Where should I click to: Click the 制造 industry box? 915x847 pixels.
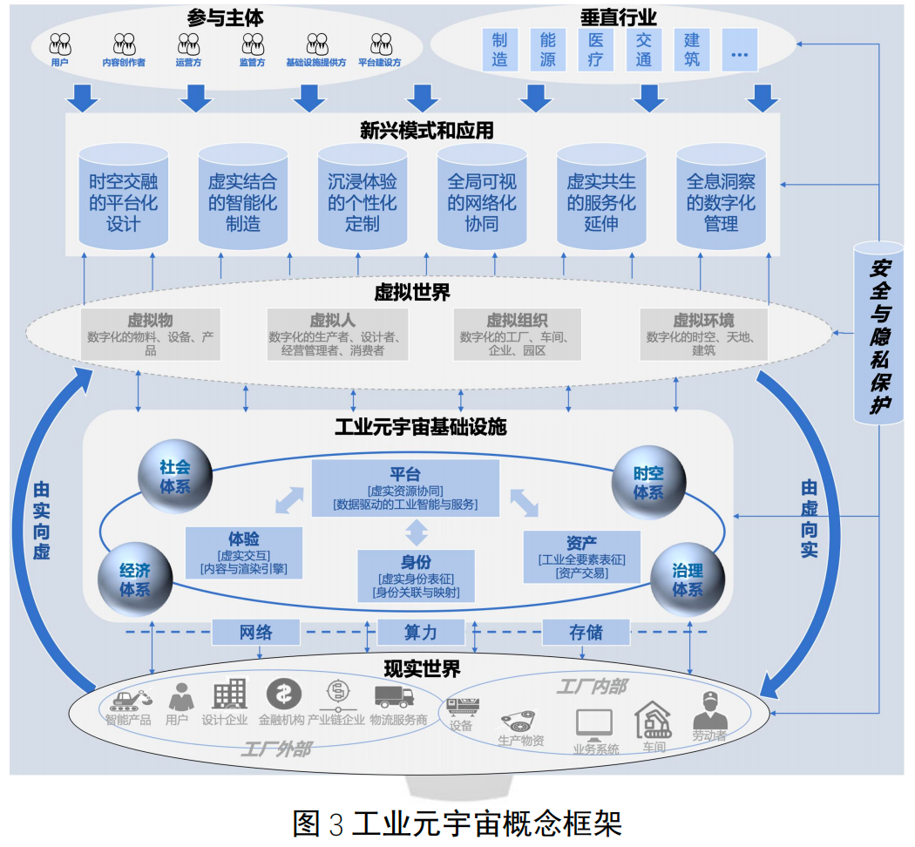(x=499, y=50)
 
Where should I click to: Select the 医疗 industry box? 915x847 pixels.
(x=595, y=50)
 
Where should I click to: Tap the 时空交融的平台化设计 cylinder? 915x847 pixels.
(x=123, y=199)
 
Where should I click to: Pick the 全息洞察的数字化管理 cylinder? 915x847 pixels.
(x=721, y=199)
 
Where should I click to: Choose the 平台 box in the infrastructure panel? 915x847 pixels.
(x=405, y=488)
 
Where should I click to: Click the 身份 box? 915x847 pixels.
(x=417, y=576)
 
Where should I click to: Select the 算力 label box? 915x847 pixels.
(x=420, y=632)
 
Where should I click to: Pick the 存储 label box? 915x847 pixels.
(x=586, y=632)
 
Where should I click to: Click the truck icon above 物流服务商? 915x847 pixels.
(x=394, y=695)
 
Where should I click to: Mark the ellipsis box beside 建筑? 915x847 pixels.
(x=739, y=50)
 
